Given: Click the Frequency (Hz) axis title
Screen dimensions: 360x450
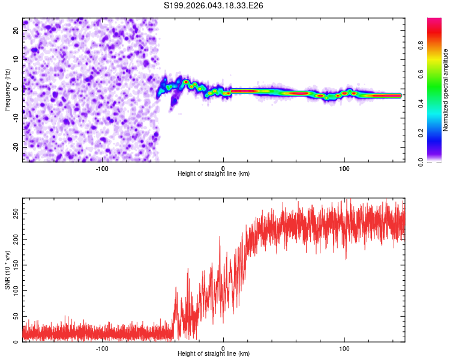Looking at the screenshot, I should pos(7,90).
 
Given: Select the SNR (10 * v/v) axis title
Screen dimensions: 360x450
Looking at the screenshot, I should pos(7,270).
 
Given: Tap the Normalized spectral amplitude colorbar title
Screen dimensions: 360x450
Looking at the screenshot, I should pos(446,90).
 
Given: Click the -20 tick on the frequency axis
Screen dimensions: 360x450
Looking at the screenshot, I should pos(15,147).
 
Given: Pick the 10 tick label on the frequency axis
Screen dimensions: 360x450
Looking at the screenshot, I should pos(16,59).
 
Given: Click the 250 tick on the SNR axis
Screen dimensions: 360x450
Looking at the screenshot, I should pos(14,214).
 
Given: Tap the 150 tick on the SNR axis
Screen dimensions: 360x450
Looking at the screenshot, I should pos(14,265).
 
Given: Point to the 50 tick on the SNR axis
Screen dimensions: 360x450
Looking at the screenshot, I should pos(16,316).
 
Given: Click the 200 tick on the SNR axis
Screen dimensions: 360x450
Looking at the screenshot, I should pos(14,239).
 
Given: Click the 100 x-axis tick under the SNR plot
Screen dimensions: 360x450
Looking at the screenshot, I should pos(344,349).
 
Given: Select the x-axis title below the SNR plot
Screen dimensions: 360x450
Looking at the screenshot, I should pos(214,354).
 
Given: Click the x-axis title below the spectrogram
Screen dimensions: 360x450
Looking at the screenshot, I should pos(214,174).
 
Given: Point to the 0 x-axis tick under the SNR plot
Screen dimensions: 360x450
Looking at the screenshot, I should pos(223,349).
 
